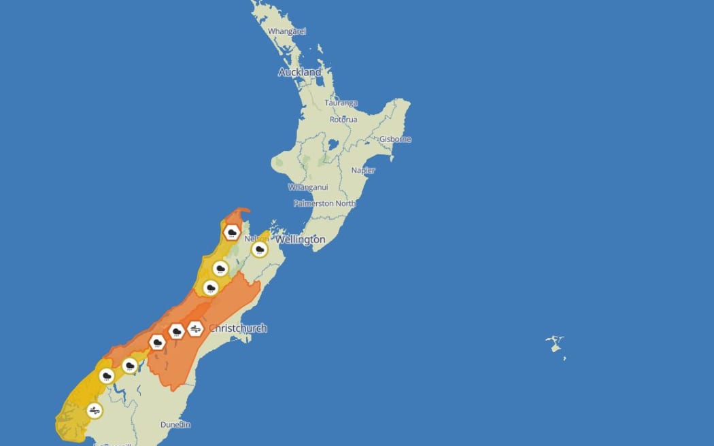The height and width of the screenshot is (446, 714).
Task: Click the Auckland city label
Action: pos(299,72)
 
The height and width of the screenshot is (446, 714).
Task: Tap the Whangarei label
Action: pos(287,31)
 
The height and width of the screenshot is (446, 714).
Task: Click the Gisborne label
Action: pos(395,139)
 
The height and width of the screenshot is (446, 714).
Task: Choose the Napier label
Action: pos(363,171)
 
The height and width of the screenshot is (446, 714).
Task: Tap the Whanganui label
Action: pos(308,187)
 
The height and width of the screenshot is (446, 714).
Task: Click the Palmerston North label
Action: pos(324,203)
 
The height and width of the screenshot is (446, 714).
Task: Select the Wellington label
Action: pos(300,240)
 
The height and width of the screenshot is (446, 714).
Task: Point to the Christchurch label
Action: pos(239,328)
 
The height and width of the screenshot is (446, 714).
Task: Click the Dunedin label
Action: pos(175,425)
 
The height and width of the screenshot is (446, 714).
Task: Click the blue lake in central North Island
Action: pos(332,145)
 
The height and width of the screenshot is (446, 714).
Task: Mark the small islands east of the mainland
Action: pos(556,344)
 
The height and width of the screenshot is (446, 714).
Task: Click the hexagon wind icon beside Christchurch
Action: pos(196,329)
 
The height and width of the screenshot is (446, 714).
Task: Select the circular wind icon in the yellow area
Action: pos(95,411)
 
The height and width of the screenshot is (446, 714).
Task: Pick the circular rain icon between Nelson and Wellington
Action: pos(258,250)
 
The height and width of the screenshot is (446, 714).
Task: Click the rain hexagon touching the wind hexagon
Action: pos(177,332)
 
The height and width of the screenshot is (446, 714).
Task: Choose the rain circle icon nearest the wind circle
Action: pos(106,375)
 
